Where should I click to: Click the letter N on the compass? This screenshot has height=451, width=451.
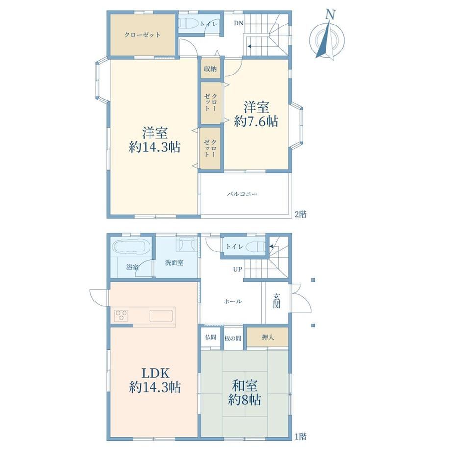(331, 15)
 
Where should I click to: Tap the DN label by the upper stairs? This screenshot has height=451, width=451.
(238, 24)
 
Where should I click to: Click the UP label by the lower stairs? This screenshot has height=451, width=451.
(238, 269)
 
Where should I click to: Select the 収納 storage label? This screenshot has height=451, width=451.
(210, 69)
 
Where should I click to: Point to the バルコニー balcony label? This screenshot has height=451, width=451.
(242, 194)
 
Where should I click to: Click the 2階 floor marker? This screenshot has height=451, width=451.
(300, 214)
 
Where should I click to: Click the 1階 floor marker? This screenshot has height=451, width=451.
(300, 436)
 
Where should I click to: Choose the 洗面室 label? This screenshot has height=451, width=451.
(175, 263)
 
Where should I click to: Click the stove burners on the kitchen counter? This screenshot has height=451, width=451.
(122, 315)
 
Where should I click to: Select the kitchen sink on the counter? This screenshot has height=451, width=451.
(161, 316)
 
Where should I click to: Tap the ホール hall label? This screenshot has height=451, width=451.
(233, 301)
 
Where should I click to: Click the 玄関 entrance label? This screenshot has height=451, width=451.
(276, 301)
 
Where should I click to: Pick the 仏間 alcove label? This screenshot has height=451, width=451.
(210, 337)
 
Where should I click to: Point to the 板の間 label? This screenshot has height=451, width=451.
(233, 338)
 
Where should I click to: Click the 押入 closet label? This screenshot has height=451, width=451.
(268, 337)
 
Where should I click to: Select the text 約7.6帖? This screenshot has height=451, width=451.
(256, 122)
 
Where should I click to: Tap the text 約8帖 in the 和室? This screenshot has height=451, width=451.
(245, 399)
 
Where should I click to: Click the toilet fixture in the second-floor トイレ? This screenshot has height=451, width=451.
(189, 23)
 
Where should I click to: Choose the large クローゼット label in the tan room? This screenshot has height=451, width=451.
(142, 35)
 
